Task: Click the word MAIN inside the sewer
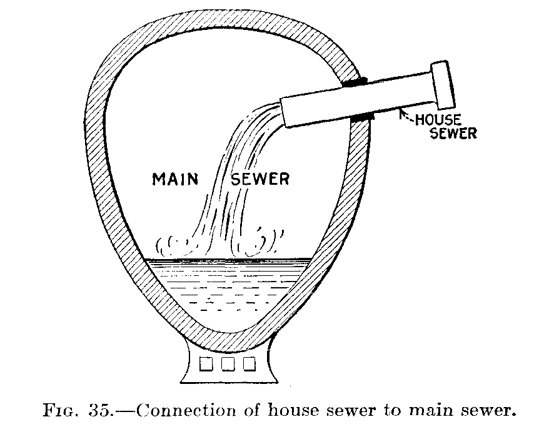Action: click(176, 180)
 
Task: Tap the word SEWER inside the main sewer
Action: click(261, 180)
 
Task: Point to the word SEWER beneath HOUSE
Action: click(453, 133)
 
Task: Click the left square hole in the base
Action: click(204, 363)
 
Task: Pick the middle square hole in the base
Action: click(226, 363)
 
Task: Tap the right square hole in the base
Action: click(249, 363)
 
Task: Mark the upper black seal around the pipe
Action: click(354, 82)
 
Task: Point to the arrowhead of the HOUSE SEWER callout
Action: click(401, 112)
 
